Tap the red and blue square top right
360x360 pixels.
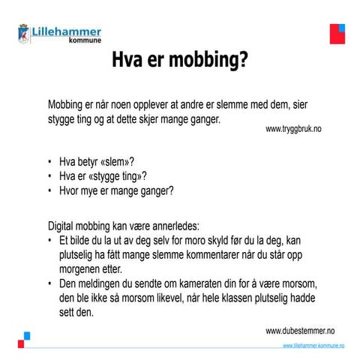pyautogui.click(x=337, y=33)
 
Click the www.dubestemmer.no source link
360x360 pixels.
pyautogui.click(x=300, y=330)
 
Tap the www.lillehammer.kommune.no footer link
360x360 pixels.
pyautogui.click(x=313, y=345)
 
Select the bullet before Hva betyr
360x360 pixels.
pyautogui.click(x=50, y=161)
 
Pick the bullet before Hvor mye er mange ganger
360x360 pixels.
pyautogui.click(x=50, y=190)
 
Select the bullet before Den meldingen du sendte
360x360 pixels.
pyautogui.click(x=50, y=284)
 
